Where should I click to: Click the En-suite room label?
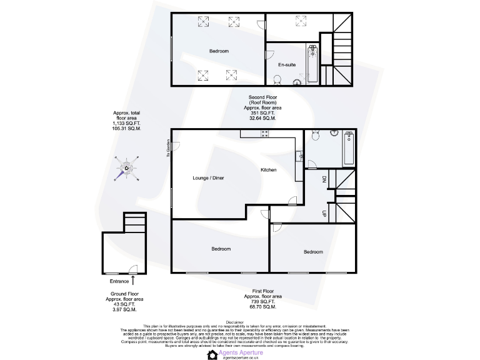coord(287,64)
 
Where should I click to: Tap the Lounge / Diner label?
coord(208,178)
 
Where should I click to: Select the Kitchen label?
coord(269,170)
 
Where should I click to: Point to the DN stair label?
coord(324,180)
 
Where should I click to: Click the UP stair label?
coord(324,212)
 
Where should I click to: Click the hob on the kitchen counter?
coord(265,132)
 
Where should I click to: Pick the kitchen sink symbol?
coord(300,155)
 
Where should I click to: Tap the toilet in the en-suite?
coord(277,79)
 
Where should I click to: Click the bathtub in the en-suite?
coord(312,65)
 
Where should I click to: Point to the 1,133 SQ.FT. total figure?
coord(127,124)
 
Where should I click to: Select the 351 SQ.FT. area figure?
coord(262,112)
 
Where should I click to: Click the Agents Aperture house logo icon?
coord(212,354)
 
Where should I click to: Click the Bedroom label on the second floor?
coord(219,51)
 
